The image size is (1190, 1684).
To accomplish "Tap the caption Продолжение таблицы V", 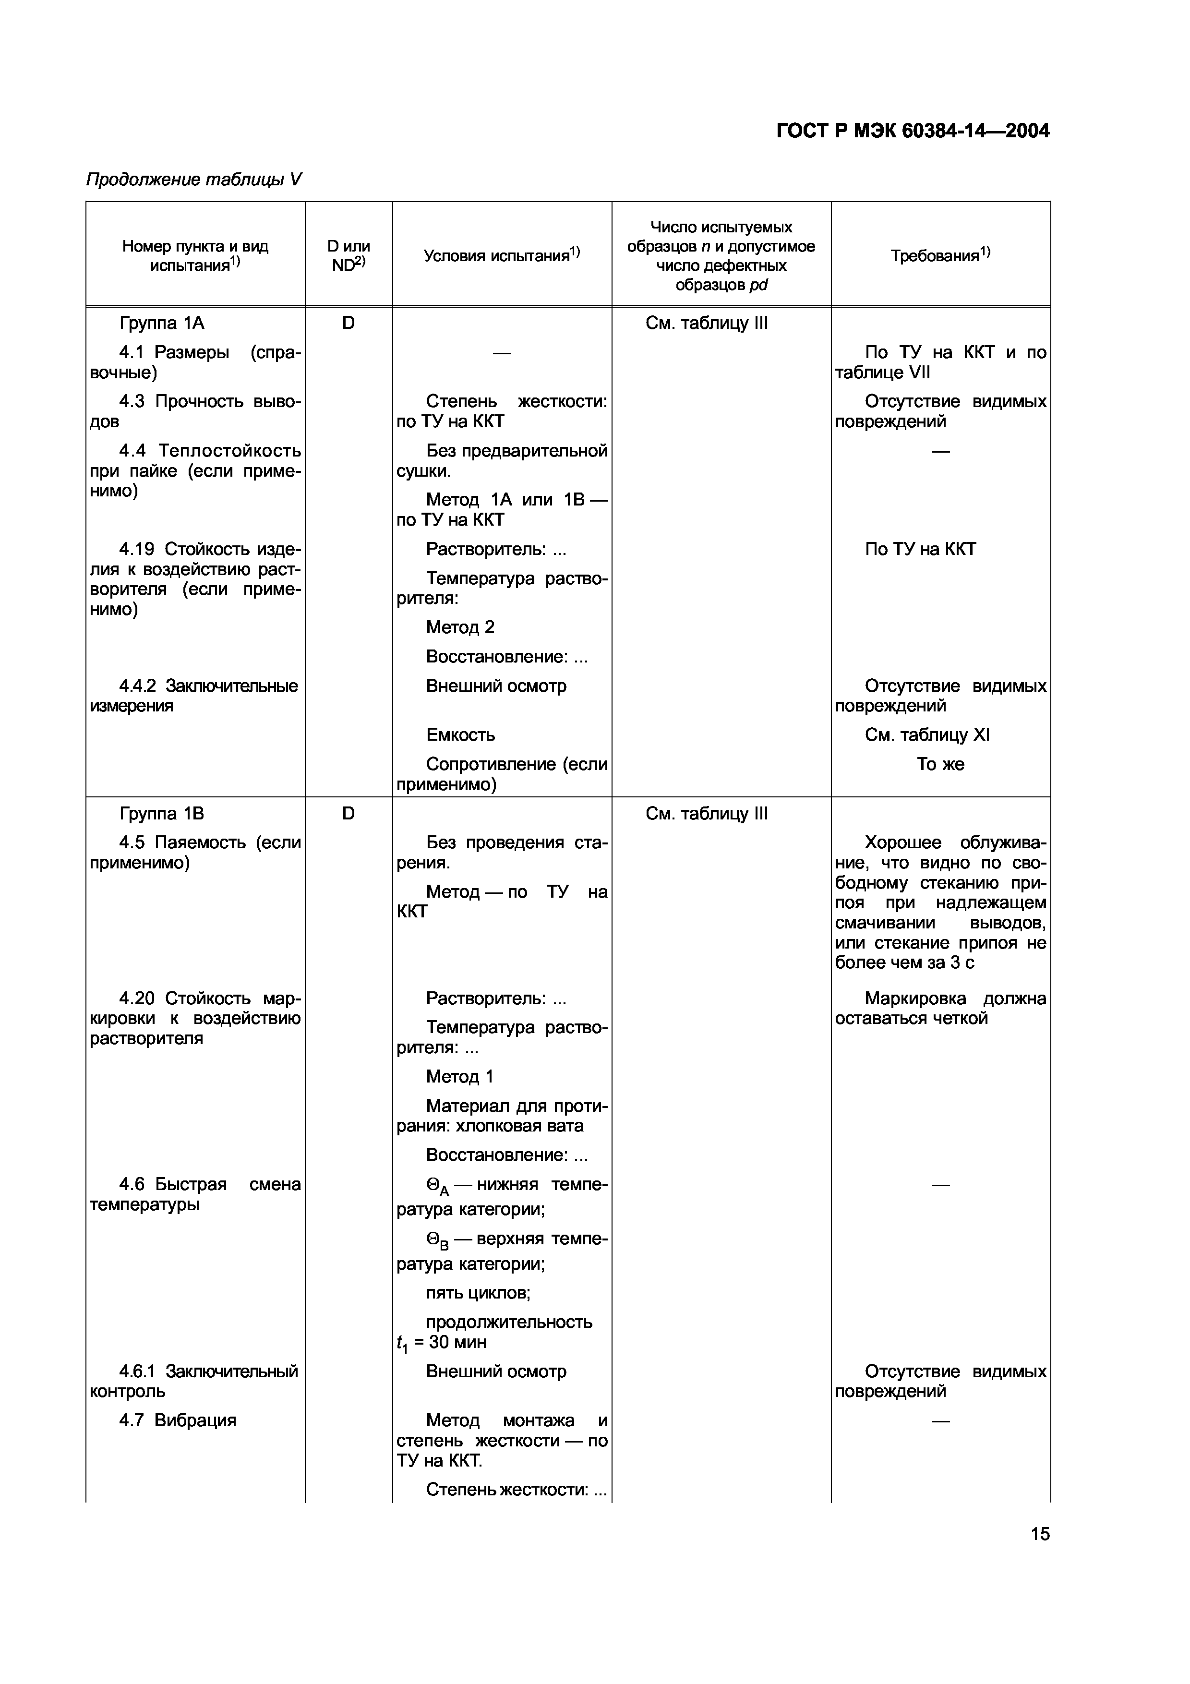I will click(x=193, y=180).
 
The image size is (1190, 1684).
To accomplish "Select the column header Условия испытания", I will click(x=502, y=255).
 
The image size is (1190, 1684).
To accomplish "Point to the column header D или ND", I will click(x=349, y=255).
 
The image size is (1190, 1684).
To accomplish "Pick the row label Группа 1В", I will click(x=161, y=813).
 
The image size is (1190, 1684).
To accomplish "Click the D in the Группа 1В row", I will click(x=349, y=813).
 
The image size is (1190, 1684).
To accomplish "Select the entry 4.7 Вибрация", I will click(x=178, y=1420).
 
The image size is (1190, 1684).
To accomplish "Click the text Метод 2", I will click(x=460, y=627).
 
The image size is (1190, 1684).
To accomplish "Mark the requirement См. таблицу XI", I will click(x=927, y=735).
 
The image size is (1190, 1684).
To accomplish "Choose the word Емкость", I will click(x=460, y=735).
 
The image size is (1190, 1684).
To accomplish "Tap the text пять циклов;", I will click(x=478, y=1293).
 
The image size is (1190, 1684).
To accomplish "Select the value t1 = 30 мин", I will click(x=442, y=1342).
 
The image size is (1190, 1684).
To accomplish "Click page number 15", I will click(x=1040, y=1534).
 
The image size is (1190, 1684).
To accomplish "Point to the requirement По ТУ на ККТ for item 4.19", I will click(x=920, y=549).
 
